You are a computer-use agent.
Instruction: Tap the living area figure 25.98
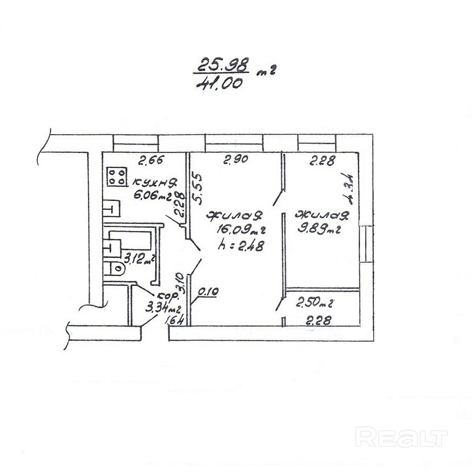point(222,64)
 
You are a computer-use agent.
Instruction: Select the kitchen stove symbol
point(117,176)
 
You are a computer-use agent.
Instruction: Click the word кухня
point(155,184)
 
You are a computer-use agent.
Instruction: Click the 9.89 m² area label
point(319,228)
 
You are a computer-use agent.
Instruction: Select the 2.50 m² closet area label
point(315,302)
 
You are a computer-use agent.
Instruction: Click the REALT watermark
point(401,437)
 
